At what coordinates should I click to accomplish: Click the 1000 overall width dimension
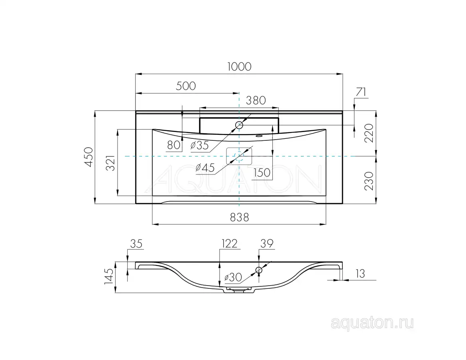(x=239, y=66)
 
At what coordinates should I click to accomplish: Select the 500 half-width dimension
(x=186, y=86)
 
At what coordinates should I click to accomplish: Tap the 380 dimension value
(x=256, y=100)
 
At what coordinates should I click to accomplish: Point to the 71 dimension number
(x=361, y=92)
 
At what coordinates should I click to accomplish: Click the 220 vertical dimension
(x=369, y=133)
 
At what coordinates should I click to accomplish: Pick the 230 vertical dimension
(x=369, y=181)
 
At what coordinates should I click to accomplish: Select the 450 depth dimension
(x=89, y=157)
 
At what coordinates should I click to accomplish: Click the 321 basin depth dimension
(x=110, y=163)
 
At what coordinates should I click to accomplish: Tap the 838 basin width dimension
(x=240, y=218)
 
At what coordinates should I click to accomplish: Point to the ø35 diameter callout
(x=200, y=145)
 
